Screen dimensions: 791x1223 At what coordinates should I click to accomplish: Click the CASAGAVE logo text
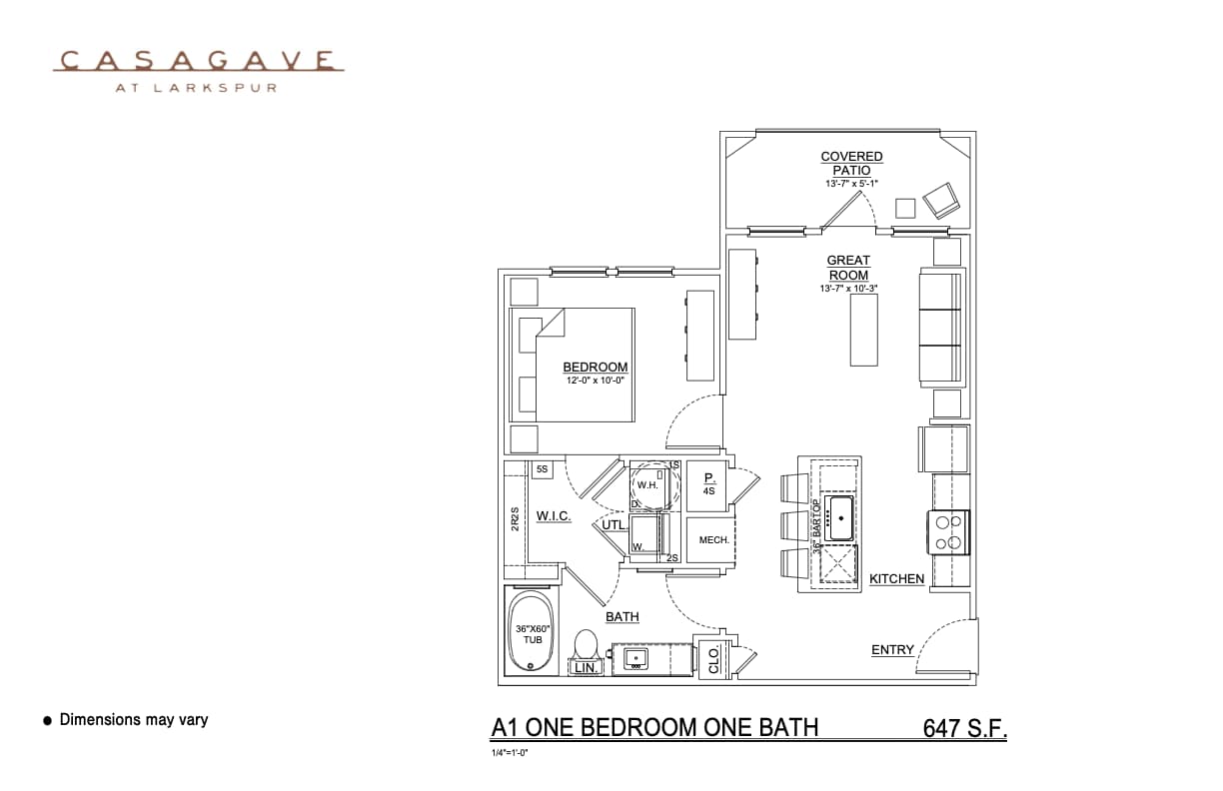click(x=198, y=61)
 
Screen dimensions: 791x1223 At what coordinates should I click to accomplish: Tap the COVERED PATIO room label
click(x=851, y=163)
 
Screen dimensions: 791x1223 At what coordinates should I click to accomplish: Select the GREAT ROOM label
click(x=847, y=268)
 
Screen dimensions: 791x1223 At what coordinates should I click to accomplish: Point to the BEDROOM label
click(x=595, y=367)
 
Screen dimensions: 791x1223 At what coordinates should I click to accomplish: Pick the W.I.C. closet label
click(x=553, y=515)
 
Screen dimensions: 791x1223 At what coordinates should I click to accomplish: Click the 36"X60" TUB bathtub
click(x=533, y=633)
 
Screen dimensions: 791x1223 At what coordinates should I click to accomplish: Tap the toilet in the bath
click(x=587, y=644)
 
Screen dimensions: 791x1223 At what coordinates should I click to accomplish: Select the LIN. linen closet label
click(x=586, y=667)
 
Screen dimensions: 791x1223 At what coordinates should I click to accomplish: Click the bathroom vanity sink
click(x=635, y=659)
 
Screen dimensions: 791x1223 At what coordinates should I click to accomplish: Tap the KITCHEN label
click(x=896, y=578)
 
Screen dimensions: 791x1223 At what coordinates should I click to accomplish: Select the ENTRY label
click(x=892, y=649)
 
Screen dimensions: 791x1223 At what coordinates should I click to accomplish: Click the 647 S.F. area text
click(x=964, y=728)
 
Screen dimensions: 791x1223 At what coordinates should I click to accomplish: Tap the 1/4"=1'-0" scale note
click(x=510, y=752)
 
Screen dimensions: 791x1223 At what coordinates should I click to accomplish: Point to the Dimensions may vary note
click(x=133, y=719)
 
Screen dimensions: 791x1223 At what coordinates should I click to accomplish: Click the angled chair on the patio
click(x=941, y=201)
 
